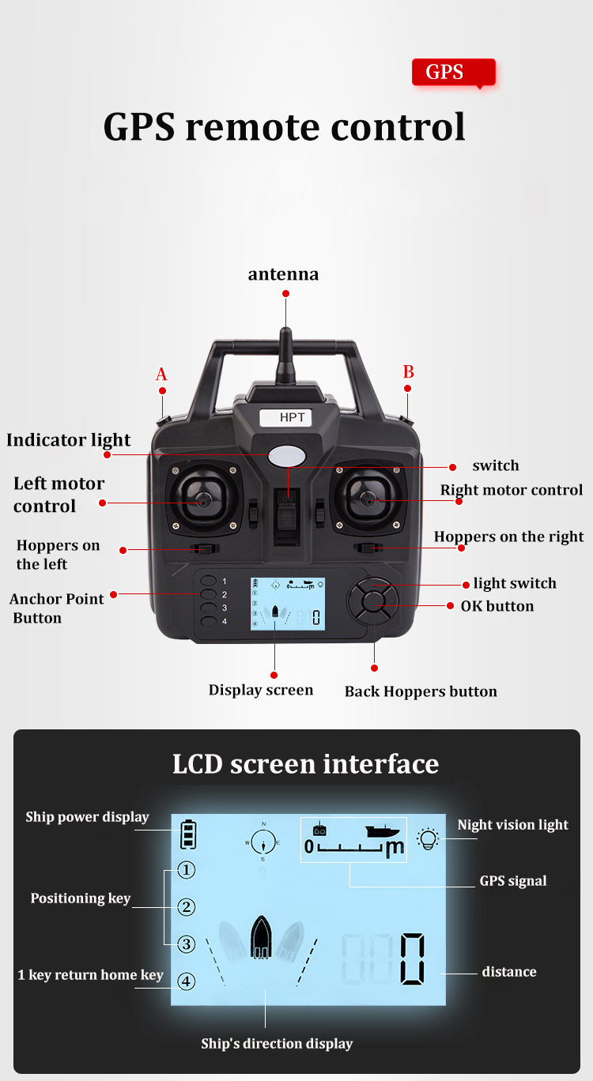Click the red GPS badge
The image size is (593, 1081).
(453, 73)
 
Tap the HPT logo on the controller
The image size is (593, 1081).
(286, 417)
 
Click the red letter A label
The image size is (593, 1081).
(161, 374)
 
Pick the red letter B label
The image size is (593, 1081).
(409, 371)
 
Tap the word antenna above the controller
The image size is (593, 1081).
(284, 274)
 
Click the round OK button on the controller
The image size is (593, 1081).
(372, 602)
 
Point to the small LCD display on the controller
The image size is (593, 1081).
(287, 604)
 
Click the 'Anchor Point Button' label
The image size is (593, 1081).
(56, 608)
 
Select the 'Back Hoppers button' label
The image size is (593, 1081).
(421, 691)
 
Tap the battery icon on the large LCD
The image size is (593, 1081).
(188, 834)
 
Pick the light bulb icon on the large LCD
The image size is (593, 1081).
(428, 838)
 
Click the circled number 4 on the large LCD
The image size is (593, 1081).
(187, 981)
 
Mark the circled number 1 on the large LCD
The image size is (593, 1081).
(187, 870)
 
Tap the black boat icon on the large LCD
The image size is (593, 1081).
(261, 936)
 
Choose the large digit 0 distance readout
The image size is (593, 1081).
(413, 959)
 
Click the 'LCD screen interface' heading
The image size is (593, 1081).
(306, 764)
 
